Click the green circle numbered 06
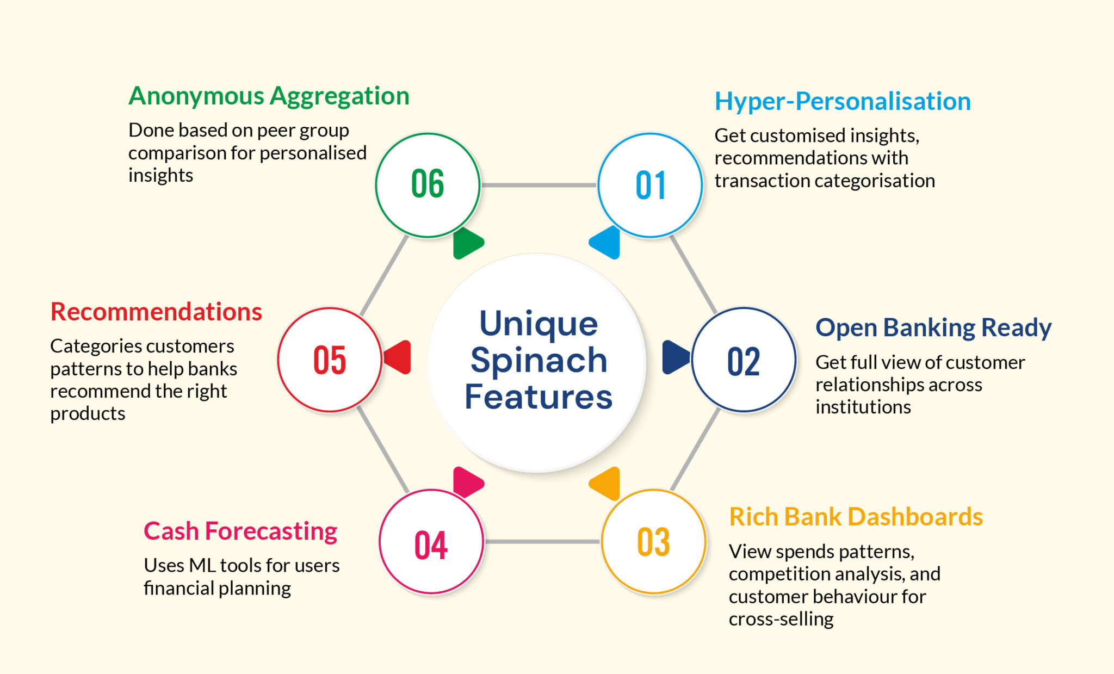click(428, 185)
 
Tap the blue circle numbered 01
click(650, 185)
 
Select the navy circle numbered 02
click(744, 360)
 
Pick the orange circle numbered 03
click(653, 541)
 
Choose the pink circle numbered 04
click(431, 542)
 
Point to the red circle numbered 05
click(330, 360)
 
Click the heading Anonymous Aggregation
click(269, 96)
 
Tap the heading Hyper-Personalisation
click(842, 102)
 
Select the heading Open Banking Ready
click(933, 328)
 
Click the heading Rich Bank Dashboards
click(855, 517)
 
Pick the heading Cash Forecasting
click(240, 531)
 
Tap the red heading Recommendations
click(156, 312)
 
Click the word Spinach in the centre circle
click(539, 361)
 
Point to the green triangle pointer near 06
click(466, 243)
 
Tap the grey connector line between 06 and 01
click(539, 185)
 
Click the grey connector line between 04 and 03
click(542, 541)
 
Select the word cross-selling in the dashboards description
click(781, 619)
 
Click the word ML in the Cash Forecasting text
click(202, 566)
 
